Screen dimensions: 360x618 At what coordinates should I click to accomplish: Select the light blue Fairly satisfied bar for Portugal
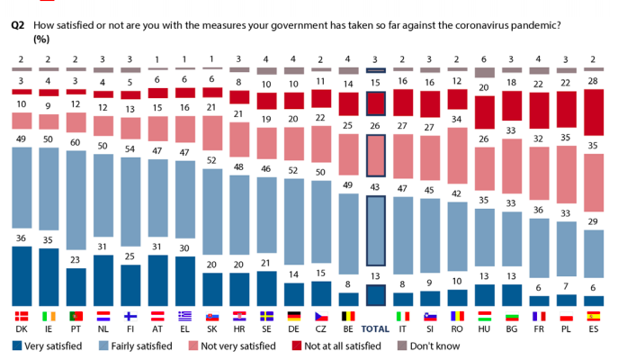[x=76, y=209]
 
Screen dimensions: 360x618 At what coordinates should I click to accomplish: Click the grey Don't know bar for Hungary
[x=485, y=72]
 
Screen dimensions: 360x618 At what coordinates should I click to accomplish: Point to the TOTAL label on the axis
[x=375, y=329]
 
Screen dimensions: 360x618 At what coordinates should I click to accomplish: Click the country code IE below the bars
[x=49, y=329]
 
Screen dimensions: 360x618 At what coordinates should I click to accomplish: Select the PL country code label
[x=567, y=329]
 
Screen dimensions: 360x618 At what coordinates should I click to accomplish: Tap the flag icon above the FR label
[x=540, y=316]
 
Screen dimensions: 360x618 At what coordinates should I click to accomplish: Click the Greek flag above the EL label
[x=185, y=316]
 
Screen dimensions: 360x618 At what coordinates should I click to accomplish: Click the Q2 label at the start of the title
[x=17, y=26]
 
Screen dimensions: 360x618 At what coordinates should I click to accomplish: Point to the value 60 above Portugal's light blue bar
[x=76, y=142]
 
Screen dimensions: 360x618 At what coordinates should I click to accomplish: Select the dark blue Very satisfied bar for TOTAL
[x=375, y=296]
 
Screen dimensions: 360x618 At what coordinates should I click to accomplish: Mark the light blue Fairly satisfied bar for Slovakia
[x=212, y=220]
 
